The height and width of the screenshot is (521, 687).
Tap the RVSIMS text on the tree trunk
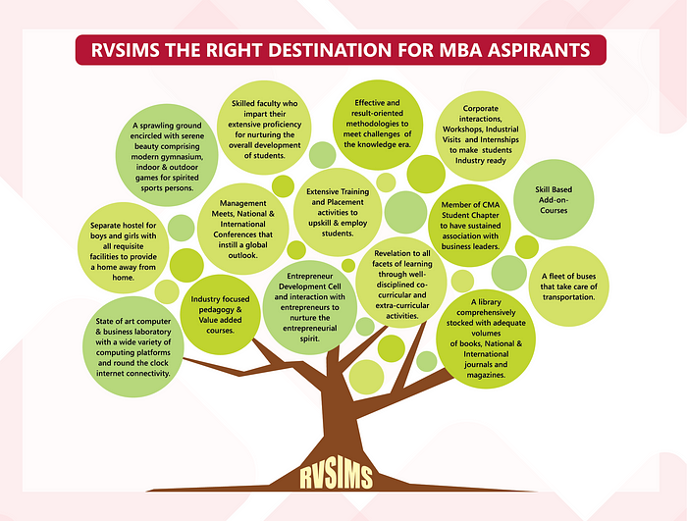click(x=338, y=478)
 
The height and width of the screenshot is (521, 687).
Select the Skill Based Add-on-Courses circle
click(x=553, y=197)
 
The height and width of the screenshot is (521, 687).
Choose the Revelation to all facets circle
click(x=401, y=284)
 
